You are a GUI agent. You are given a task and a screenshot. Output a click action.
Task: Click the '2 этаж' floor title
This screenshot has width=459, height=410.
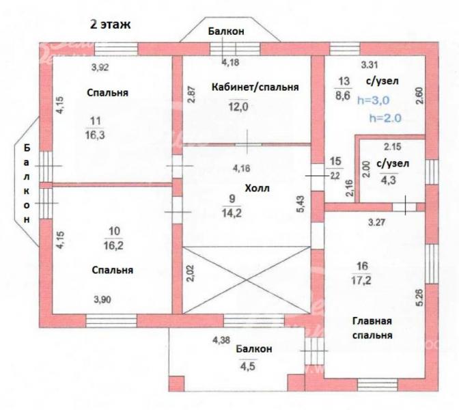coord(110,25)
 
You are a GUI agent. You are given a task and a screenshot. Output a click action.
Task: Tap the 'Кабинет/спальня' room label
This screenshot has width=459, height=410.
coord(255,87)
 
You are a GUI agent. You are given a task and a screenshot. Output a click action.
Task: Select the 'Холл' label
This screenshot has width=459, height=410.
coord(257,188)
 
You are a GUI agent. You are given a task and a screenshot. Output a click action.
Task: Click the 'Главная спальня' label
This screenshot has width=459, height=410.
coord(372,328)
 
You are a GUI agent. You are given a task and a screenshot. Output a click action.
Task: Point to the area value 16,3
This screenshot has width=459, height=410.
coord(95,135)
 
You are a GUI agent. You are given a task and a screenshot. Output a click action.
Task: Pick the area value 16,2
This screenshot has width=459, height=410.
coord(113,245)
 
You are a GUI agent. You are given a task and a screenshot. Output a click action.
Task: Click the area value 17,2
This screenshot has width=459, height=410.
coord(361,281)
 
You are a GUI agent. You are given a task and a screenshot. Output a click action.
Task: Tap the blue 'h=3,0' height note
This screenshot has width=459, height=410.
coord(374,100)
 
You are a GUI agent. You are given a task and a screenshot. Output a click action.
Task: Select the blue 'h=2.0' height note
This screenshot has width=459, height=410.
coord(385,118)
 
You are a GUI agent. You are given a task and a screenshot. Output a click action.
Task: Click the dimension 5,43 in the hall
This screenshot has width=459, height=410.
coord(301,204)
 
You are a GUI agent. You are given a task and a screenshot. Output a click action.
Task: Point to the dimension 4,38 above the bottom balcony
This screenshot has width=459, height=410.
coord(221,340)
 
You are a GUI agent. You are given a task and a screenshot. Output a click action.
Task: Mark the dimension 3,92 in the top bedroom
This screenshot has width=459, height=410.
coord(100,68)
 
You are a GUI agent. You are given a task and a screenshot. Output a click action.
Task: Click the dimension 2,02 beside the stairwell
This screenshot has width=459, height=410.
coord(191,273)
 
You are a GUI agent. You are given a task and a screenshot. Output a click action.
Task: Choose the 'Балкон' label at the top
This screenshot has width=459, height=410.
coord(226,31)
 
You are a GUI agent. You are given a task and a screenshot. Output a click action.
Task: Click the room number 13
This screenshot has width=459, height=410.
coord(344,81)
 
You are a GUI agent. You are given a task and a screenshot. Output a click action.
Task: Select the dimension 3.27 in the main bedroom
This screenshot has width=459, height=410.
coord(377,223)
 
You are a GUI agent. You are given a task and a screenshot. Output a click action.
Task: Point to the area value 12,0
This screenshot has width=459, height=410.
coord(238,107)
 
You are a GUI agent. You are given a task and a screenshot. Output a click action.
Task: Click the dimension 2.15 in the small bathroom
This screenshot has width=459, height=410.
coord(393,146)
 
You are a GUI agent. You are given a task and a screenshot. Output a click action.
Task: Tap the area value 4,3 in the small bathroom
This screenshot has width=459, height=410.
coord(388,180)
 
